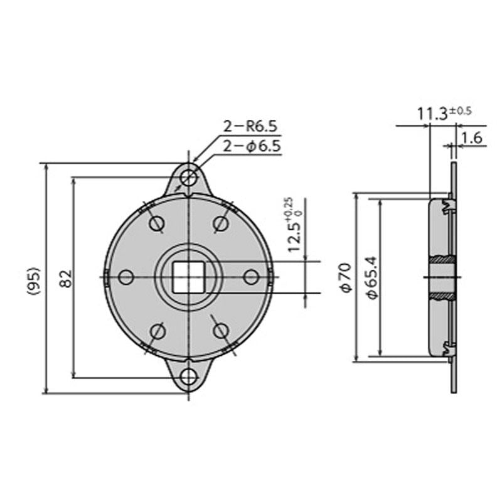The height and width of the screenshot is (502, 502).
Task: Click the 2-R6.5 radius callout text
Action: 250,127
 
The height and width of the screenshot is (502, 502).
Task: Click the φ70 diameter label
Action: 344,277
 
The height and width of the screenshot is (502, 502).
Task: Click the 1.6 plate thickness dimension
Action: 471,138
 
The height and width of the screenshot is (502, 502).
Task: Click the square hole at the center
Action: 188,277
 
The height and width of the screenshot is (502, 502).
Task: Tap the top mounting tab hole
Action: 188,177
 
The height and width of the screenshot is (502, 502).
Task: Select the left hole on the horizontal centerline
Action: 126,277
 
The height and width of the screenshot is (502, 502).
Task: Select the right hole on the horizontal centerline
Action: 250,277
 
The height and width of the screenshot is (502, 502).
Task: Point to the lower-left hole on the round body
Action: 156,331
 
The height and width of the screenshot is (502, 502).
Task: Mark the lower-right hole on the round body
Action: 220,331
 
